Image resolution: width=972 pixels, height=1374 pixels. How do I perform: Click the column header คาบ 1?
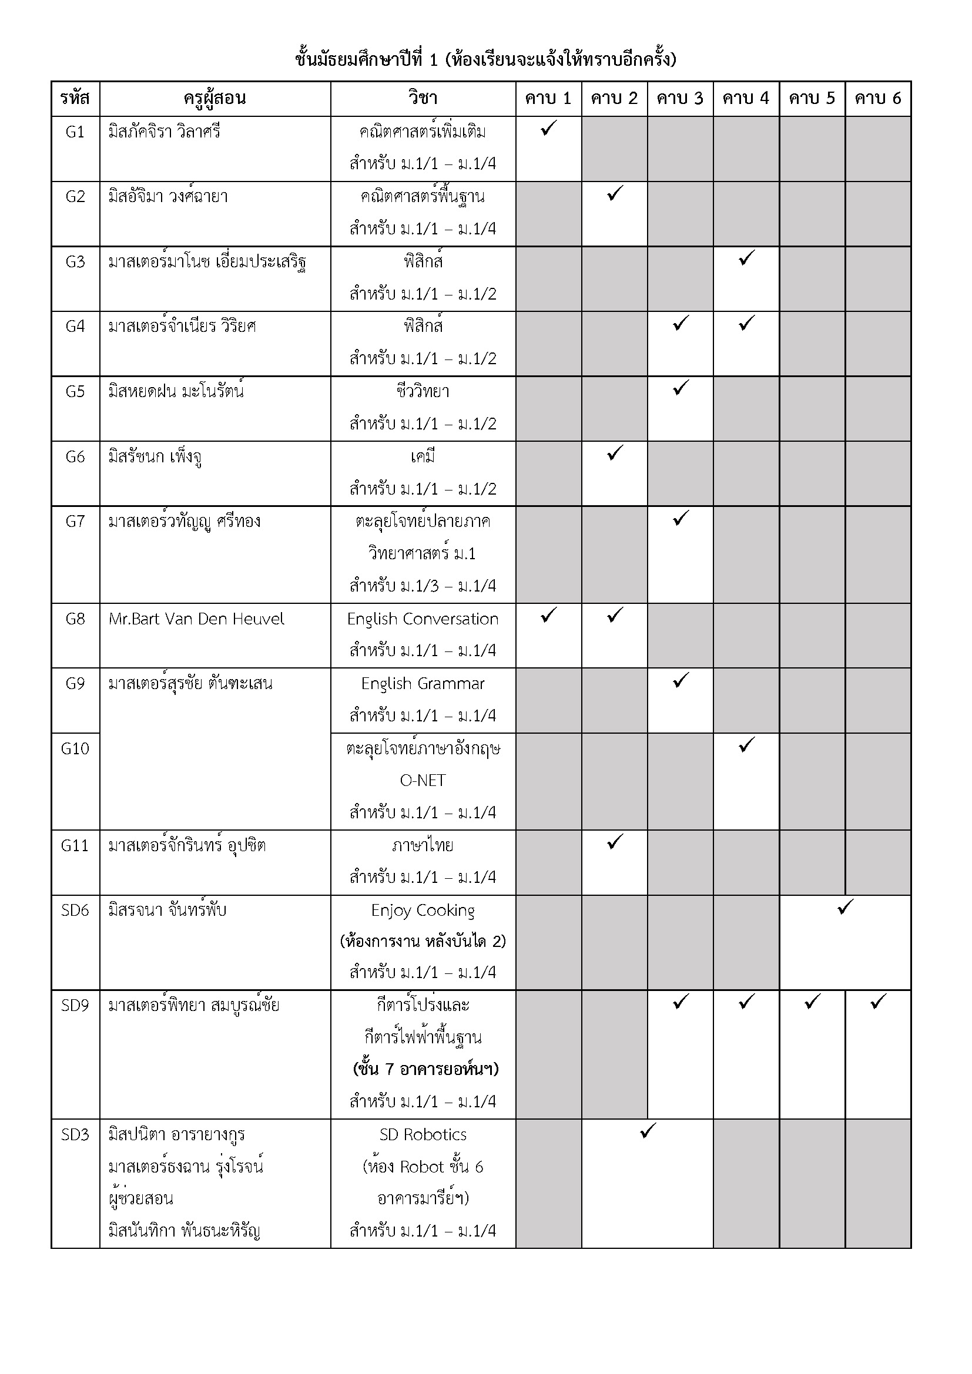point(548,99)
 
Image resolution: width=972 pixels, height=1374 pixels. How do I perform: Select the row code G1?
point(75,132)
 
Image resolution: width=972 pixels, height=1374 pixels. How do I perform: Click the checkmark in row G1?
point(548,128)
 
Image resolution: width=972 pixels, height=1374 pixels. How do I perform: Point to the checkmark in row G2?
point(615,193)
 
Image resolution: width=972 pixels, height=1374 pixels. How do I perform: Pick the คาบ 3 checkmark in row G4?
point(681,323)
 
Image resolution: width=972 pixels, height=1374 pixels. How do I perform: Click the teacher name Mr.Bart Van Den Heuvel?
point(196,619)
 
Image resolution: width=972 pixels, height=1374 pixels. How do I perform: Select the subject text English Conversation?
point(423,619)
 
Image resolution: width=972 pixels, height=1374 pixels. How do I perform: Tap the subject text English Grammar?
point(423,683)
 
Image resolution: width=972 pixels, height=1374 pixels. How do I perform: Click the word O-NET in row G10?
point(423,780)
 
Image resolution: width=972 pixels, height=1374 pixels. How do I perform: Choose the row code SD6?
point(75,910)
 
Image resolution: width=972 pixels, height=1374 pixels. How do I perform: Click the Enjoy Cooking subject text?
point(423,910)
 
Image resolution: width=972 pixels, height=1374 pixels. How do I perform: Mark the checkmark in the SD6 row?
point(845,907)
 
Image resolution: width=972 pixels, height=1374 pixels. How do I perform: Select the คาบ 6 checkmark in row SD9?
point(878,1002)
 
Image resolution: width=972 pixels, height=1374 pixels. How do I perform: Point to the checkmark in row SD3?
point(648,1131)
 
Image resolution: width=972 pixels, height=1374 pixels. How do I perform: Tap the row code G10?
point(75,748)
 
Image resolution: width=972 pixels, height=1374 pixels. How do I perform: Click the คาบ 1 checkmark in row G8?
point(548,615)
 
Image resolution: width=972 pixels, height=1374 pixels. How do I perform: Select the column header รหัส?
point(75,99)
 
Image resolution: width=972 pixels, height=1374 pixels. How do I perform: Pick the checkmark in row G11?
point(615,842)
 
